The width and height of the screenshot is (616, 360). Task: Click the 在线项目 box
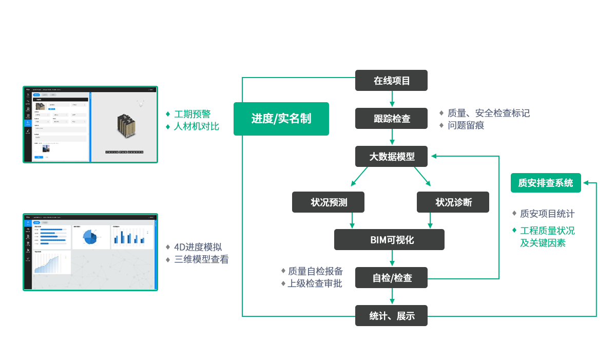[391, 81]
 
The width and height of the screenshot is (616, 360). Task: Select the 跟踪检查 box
[391, 119]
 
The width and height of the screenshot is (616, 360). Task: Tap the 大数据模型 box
[391, 157]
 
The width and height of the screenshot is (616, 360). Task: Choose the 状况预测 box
[328, 202]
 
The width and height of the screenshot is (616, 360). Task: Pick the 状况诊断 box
[453, 202]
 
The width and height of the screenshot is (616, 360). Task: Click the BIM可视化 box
[389, 240]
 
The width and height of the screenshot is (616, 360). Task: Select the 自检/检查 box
[391, 278]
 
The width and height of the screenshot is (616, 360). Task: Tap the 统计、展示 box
[391, 316]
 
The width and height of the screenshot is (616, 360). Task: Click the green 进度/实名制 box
[281, 119]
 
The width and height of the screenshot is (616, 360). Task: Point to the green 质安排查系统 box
[546, 183]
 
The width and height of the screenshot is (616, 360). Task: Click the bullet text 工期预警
[192, 114]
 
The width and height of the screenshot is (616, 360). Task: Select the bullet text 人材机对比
[196, 126]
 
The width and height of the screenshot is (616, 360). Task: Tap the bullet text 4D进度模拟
[198, 248]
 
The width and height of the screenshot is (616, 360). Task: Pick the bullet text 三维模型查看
[201, 259]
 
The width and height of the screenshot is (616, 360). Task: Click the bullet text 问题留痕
[466, 125]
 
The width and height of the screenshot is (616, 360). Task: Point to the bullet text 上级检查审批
[315, 283]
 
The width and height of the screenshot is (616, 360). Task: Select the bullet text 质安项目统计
[547, 214]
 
